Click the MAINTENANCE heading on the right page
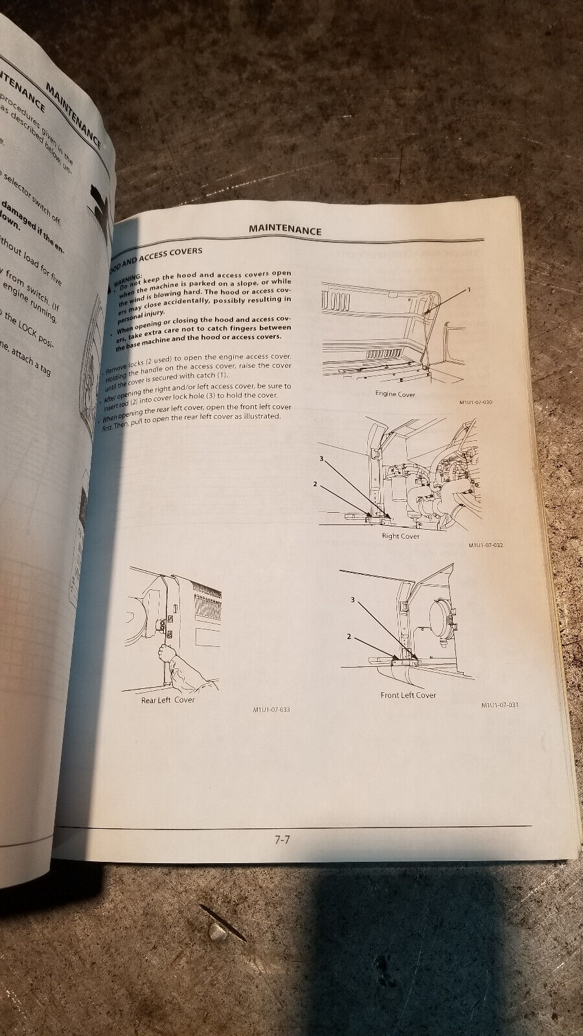tap(286, 229)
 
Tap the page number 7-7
tap(282, 840)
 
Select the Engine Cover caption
tap(395, 394)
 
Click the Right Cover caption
tap(401, 535)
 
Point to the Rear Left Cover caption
tap(168, 699)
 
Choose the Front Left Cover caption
tap(408, 695)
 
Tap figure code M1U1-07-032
tap(485, 545)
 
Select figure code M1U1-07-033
tap(271, 710)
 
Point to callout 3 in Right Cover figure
tap(319, 458)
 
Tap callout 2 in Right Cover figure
tap(315, 484)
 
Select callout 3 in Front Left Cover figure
tap(353, 600)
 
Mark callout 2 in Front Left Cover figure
tap(349, 637)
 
